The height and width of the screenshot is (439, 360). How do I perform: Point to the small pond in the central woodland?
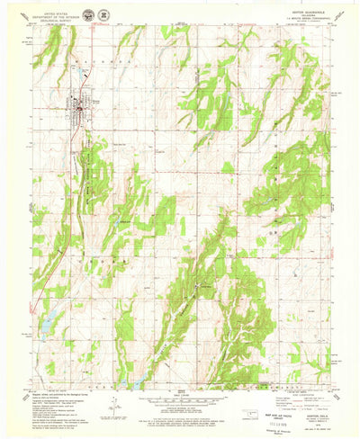197,285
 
